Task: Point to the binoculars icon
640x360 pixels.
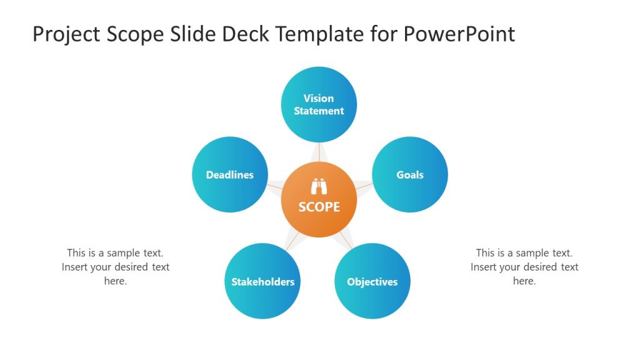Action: (x=319, y=187)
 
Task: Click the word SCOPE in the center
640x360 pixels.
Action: (x=319, y=207)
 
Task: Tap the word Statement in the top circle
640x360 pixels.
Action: (x=319, y=111)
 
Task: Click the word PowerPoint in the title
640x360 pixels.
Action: (x=459, y=34)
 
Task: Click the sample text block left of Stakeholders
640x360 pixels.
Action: (x=116, y=267)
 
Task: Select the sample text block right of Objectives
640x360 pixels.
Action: (x=524, y=267)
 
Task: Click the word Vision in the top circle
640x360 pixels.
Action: (x=319, y=98)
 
